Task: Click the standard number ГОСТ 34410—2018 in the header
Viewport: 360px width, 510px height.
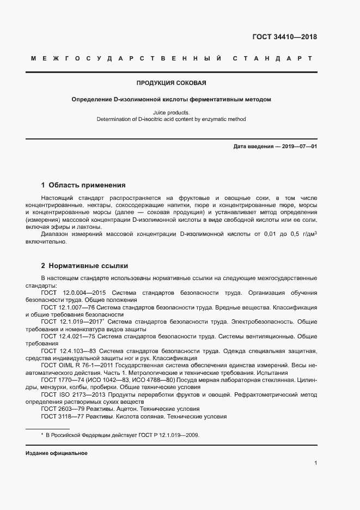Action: point(284,38)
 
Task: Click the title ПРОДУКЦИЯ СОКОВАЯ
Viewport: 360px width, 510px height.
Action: point(171,83)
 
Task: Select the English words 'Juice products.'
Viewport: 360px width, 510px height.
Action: point(171,112)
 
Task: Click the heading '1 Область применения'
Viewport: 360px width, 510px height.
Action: point(83,185)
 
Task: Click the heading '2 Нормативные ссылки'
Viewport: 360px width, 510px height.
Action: point(84,266)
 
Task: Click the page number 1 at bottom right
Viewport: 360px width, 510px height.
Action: point(315,463)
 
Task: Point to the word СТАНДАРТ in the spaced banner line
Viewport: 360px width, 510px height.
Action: point(272,58)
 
